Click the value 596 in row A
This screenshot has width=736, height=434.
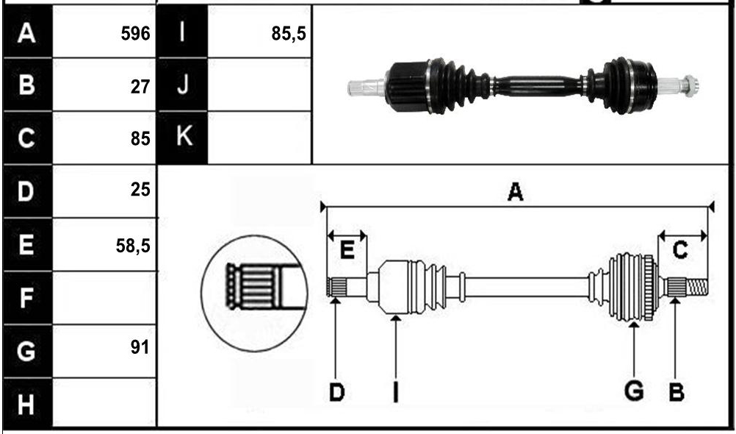click(x=135, y=34)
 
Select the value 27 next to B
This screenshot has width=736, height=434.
click(x=140, y=87)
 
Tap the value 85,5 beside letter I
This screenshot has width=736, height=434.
click(x=288, y=34)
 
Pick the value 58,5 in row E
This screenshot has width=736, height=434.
click(x=133, y=246)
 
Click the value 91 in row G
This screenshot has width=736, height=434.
click(x=140, y=347)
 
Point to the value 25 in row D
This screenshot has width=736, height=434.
click(x=140, y=190)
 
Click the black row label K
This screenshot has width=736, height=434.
click(x=183, y=138)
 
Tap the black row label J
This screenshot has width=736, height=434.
click(x=183, y=85)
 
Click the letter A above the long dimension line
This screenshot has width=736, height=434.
click(x=515, y=192)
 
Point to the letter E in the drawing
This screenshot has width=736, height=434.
click(x=347, y=250)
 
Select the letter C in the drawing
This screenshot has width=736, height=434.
click(x=680, y=250)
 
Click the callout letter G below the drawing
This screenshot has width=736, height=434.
click(x=634, y=391)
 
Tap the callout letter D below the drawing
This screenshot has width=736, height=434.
click(x=336, y=391)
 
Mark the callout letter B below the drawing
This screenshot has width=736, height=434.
click(x=676, y=391)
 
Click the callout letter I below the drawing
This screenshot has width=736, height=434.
click(x=395, y=391)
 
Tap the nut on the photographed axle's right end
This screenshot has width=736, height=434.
click(x=690, y=86)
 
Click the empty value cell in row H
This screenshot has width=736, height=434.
click(x=104, y=403)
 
